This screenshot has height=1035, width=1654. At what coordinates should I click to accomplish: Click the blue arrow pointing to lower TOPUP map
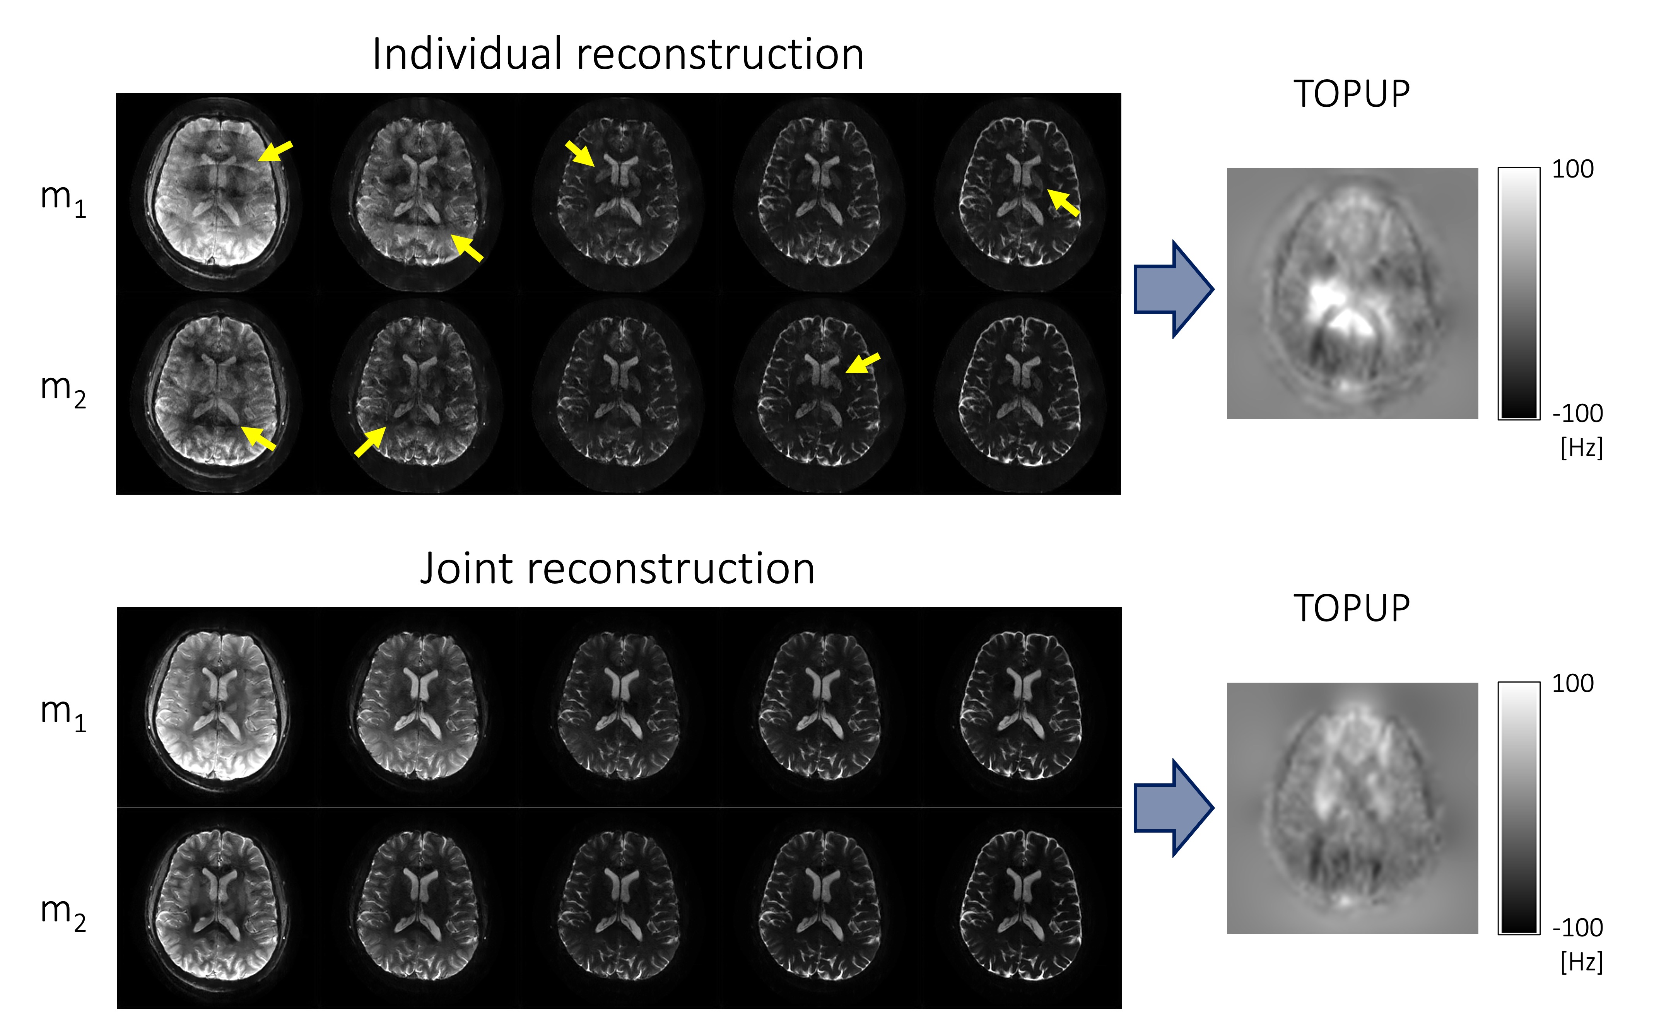pos(1173,808)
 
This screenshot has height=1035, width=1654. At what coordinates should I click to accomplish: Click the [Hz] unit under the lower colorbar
pos(1581,962)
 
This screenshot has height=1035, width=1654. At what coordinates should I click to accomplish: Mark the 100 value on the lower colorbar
pos(1572,683)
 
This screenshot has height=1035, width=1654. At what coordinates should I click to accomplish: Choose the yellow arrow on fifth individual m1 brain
pos(1063,203)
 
